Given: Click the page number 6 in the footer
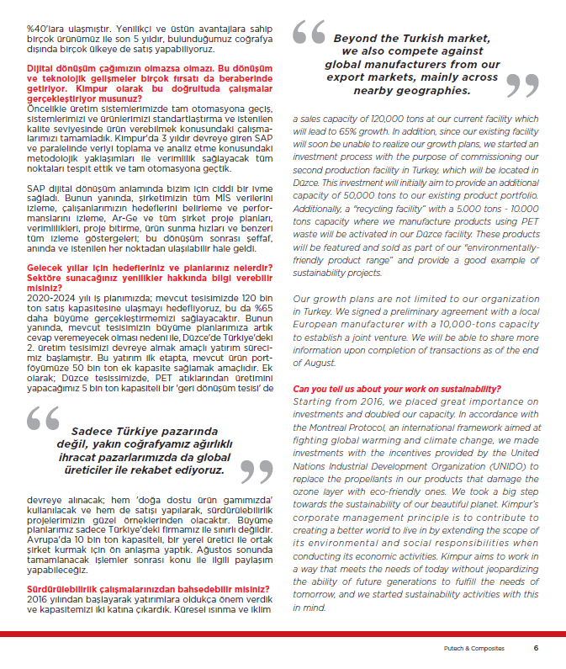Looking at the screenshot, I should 536,648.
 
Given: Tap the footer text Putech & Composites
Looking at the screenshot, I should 474,648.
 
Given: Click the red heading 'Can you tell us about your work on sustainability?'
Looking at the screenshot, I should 398,389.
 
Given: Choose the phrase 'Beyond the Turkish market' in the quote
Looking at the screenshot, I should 411,39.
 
